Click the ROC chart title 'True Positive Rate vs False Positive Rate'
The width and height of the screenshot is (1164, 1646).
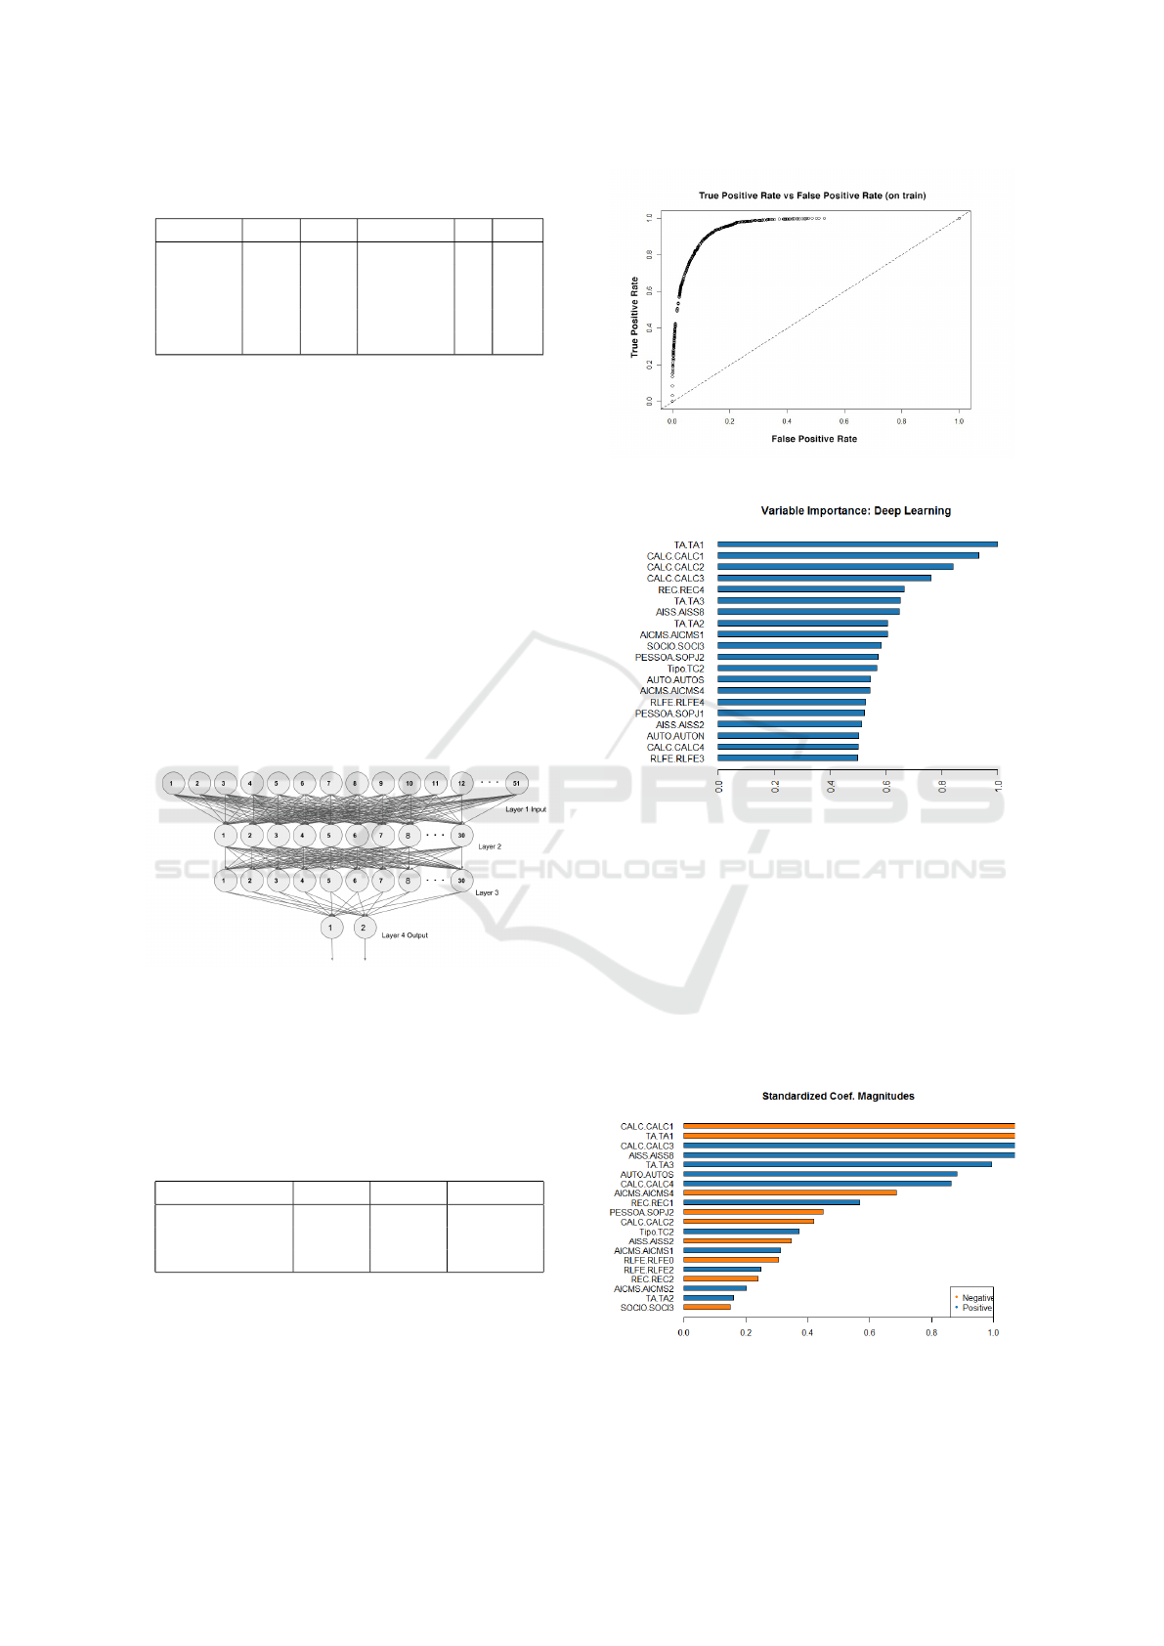click(811, 195)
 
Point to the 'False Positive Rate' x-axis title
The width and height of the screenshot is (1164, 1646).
click(813, 439)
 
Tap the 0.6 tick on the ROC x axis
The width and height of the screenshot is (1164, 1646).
click(844, 421)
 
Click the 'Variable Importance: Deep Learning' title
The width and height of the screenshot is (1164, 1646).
click(855, 510)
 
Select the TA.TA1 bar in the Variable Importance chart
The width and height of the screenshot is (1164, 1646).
click(857, 544)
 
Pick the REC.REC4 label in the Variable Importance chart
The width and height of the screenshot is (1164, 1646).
click(680, 589)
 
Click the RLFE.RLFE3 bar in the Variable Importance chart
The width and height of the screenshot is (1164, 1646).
click(787, 758)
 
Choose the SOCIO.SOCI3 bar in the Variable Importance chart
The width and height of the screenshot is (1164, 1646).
click(798, 645)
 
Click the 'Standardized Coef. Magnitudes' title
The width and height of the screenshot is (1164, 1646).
click(838, 1096)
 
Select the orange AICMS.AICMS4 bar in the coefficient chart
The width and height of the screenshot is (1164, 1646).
click(790, 1192)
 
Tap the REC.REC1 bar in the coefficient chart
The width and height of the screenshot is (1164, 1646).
click(771, 1202)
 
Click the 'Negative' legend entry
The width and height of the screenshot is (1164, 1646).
click(976, 1298)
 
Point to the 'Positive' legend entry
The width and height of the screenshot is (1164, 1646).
click(976, 1308)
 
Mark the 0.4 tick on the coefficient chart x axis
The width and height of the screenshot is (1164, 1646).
click(807, 1332)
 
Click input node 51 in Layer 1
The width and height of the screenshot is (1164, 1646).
click(516, 783)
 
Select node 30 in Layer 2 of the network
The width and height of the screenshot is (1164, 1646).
click(461, 836)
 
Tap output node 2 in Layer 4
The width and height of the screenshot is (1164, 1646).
click(364, 928)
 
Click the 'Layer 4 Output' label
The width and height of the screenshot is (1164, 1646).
click(405, 935)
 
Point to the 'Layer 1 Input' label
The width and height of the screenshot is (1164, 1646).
click(526, 809)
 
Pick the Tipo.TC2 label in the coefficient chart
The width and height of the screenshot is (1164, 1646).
click(656, 1232)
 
